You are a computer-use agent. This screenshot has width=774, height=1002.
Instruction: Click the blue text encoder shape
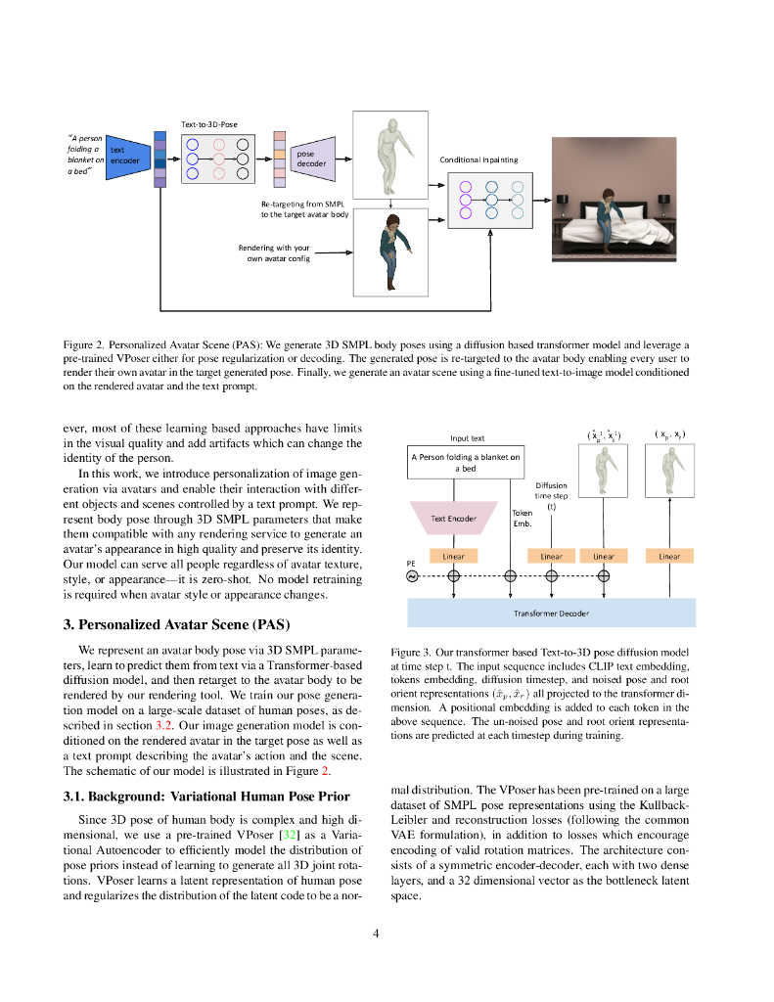[x=124, y=156]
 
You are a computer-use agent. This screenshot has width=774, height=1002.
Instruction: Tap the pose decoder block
[x=312, y=159]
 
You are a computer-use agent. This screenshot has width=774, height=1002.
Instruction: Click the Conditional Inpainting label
[x=478, y=159]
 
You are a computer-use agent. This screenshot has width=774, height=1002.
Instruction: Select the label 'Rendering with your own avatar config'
[x=274, y=253]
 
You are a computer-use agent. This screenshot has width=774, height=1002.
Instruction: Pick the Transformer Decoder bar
[x=551, y=613]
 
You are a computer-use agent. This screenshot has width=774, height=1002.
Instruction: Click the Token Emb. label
[x=523, y=518]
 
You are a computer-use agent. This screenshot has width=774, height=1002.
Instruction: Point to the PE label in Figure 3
[x=412, y=565]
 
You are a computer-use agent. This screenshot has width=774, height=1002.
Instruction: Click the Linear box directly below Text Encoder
[x=454, y=556]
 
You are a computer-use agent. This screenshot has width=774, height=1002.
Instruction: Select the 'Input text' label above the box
[x=468, y=438]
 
